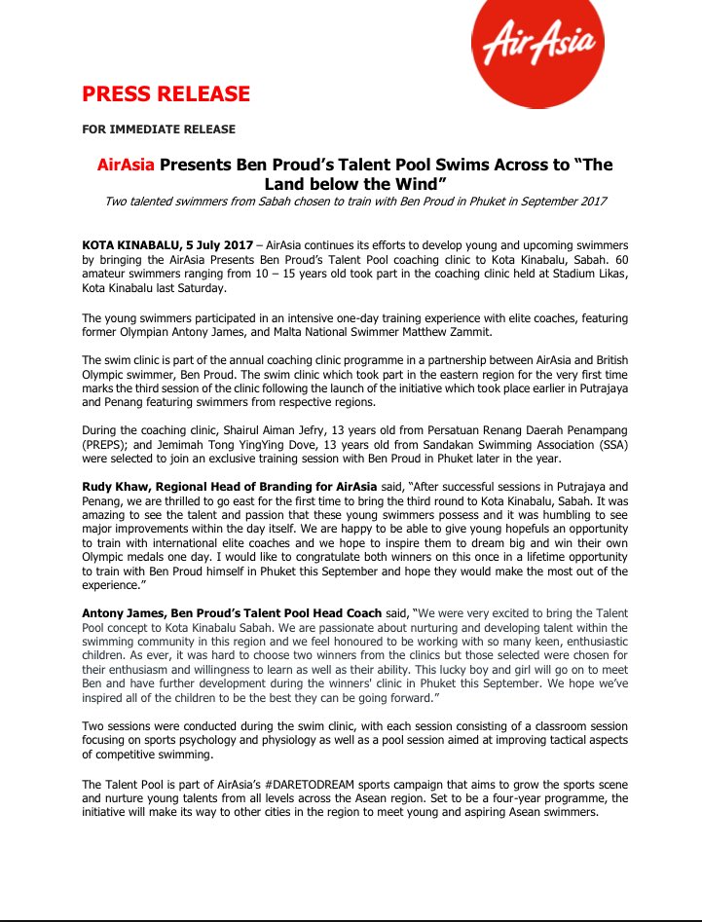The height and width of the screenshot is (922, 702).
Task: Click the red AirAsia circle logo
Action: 537,54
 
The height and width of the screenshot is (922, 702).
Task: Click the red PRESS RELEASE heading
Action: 166,94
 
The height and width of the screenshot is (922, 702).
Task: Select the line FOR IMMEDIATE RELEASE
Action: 159,129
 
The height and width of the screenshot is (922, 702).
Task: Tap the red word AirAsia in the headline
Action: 126,165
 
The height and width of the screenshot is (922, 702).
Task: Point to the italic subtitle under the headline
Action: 355,202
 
